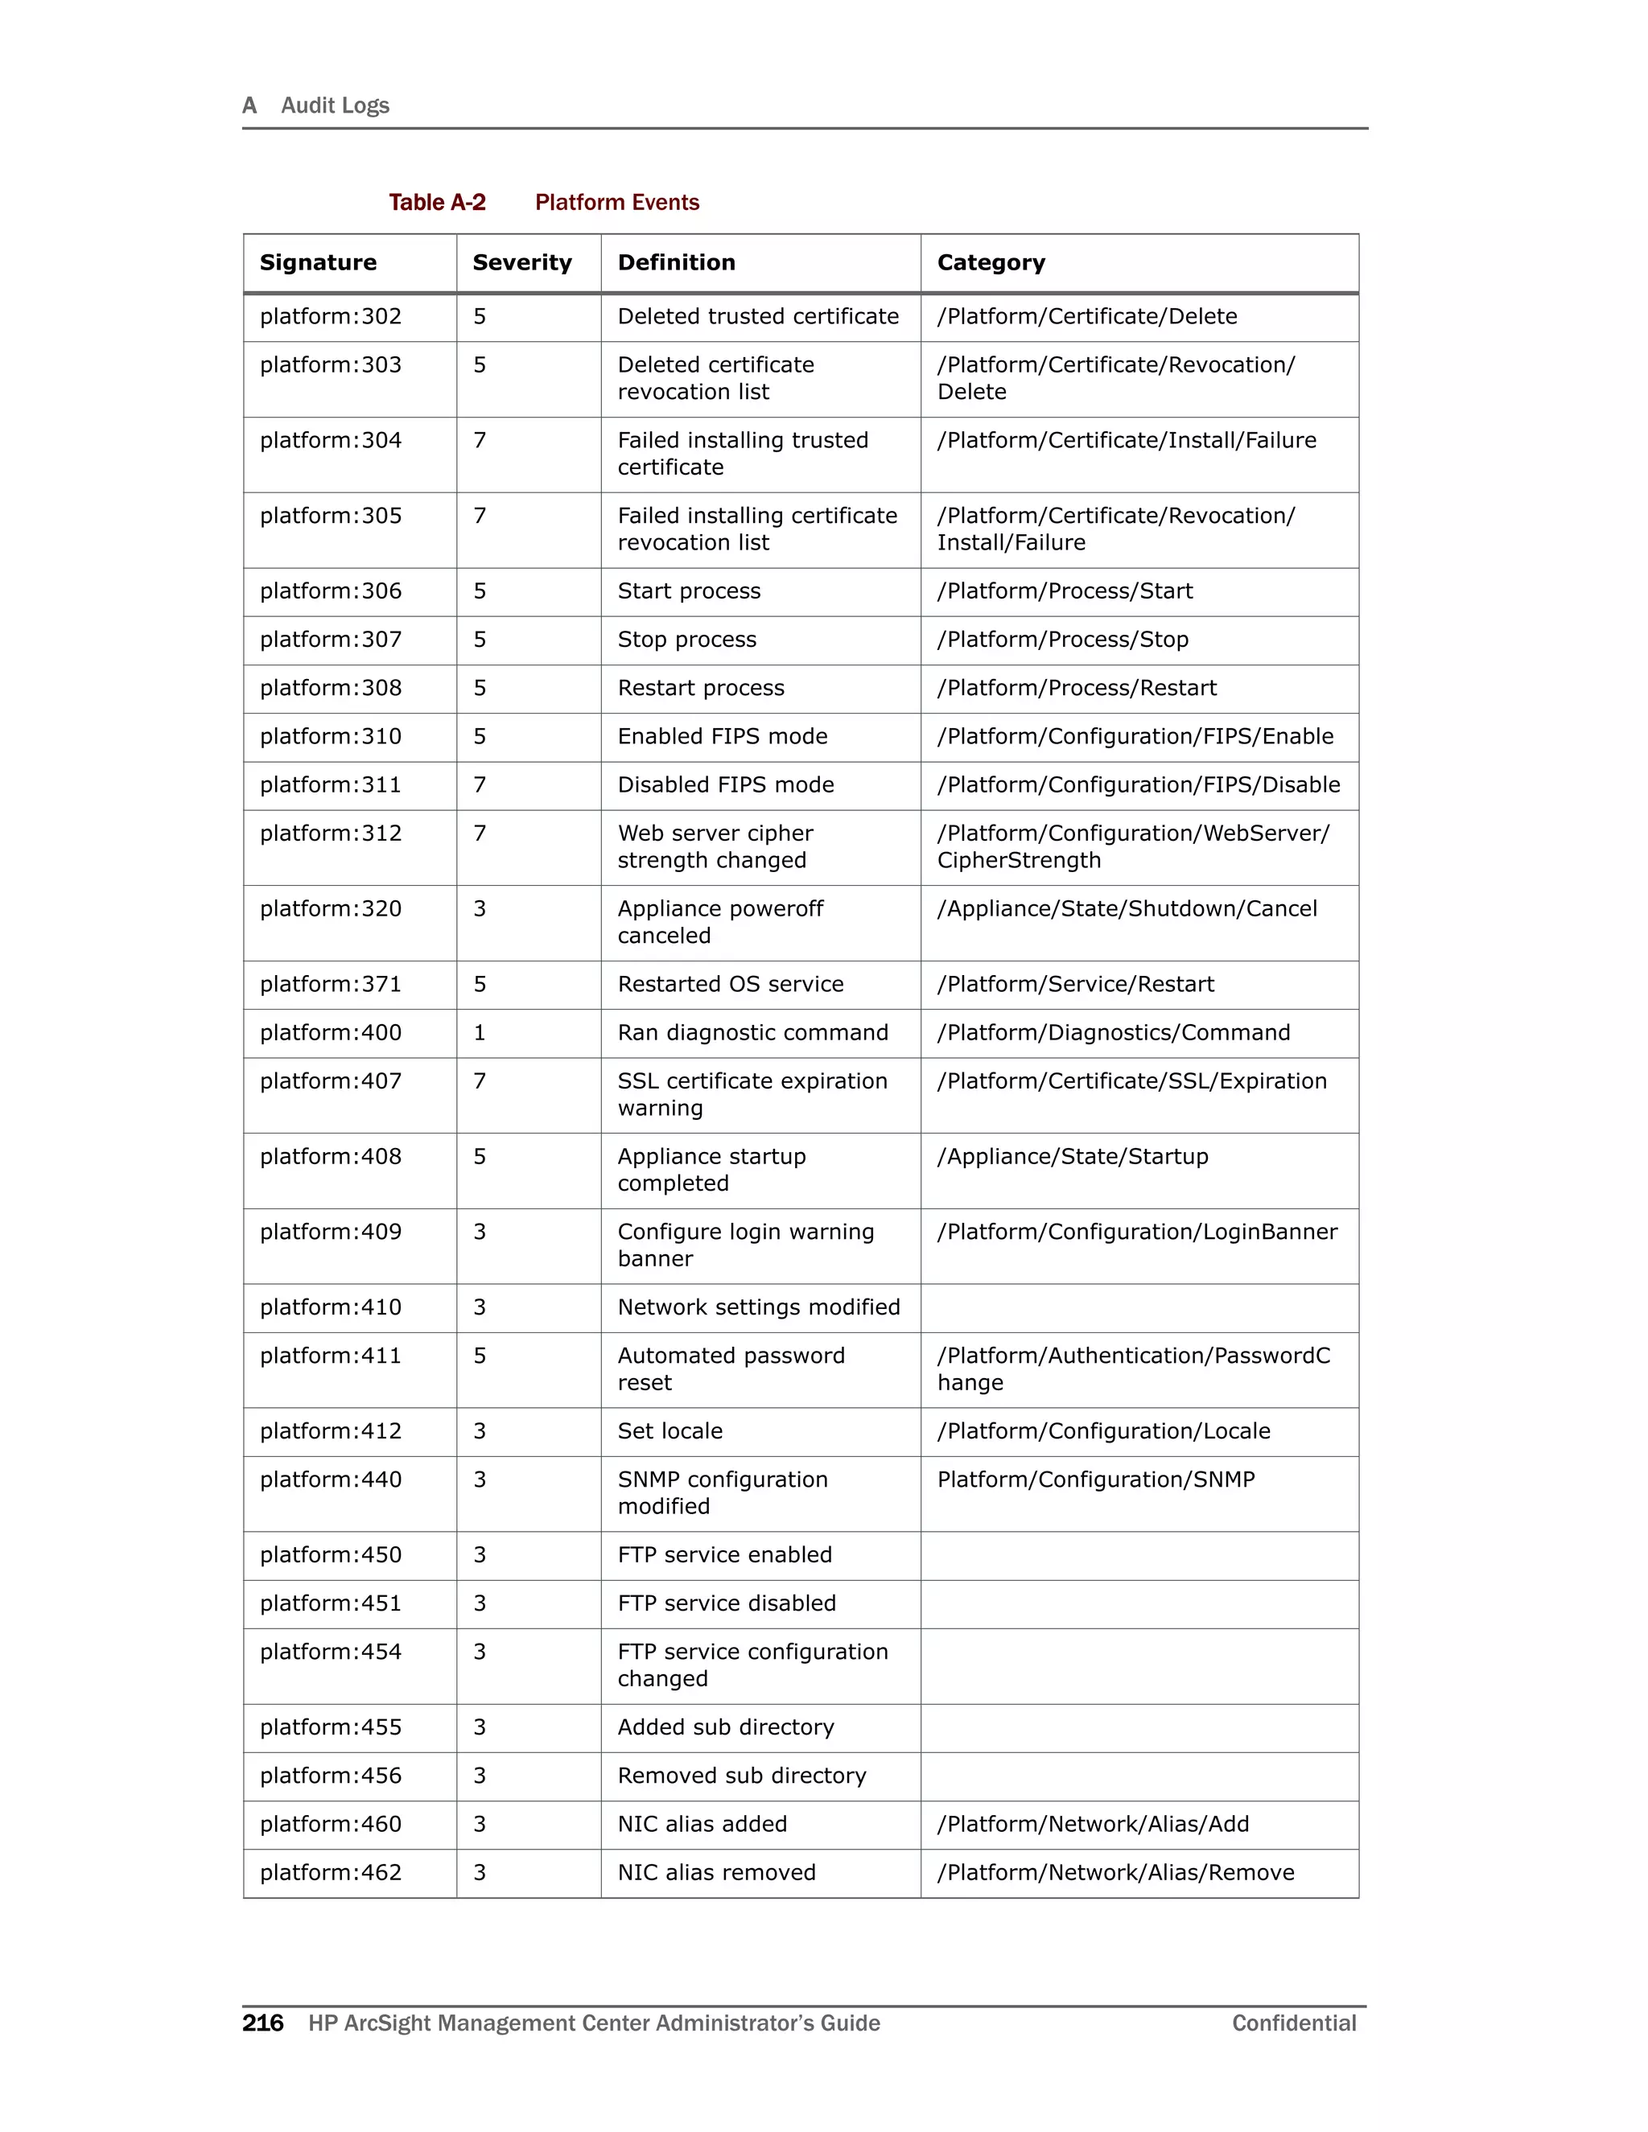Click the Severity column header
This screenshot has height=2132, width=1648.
pos(521,262)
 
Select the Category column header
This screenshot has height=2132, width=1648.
pos(990,262)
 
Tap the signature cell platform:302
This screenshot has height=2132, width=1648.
pos(330,316)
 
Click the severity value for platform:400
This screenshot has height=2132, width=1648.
pos(480,1033)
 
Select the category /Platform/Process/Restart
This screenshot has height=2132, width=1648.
pos(1076,688)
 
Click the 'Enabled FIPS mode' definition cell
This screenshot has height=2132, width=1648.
pos(722,737)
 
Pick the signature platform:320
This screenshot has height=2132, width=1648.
pos(330,909)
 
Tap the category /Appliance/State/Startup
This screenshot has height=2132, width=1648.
pos(1072,1157)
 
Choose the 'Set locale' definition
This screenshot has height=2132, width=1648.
pos(669,1431)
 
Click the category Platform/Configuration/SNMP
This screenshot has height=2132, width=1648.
pos(1095,1480)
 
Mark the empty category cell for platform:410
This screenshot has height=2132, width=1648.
pos(1139,1308)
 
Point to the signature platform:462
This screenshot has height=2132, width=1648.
pos(330,1872)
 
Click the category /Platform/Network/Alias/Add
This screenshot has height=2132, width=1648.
pos(1093,1825)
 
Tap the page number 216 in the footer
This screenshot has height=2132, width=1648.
pos(262,2023)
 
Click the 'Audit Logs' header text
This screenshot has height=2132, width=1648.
pos(335,105)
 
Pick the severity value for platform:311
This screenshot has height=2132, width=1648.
pos(480,785)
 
